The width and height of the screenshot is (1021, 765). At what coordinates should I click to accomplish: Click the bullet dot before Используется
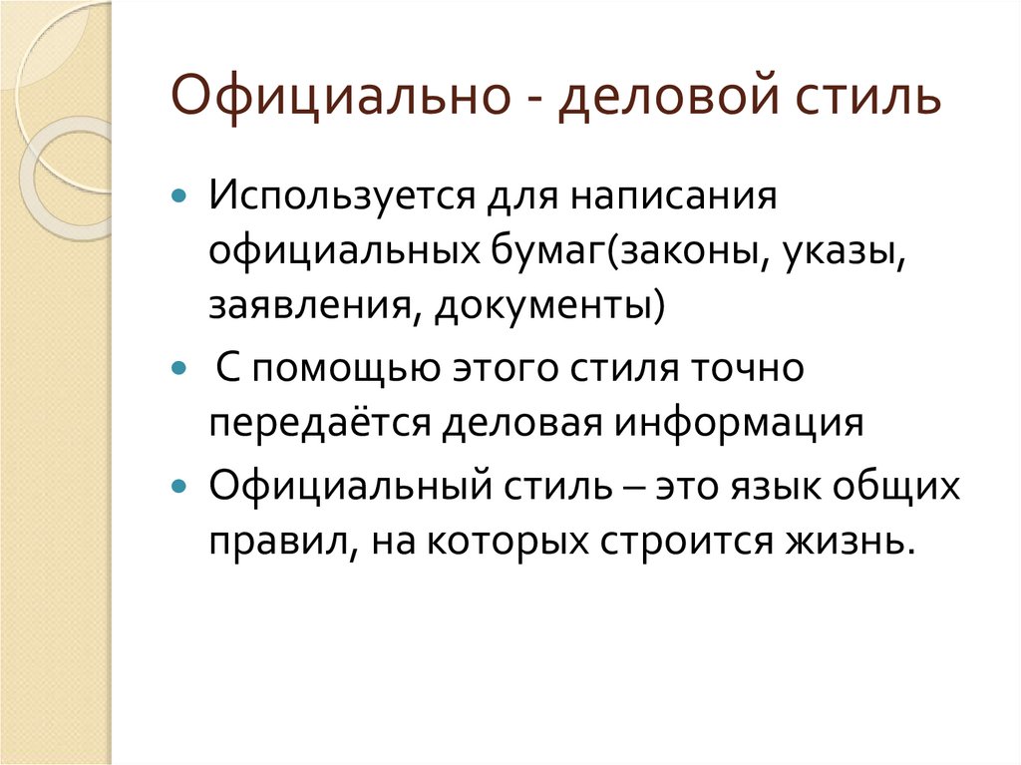point(178,194)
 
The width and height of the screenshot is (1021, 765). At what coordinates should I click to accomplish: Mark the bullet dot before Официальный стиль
point(178,489)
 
